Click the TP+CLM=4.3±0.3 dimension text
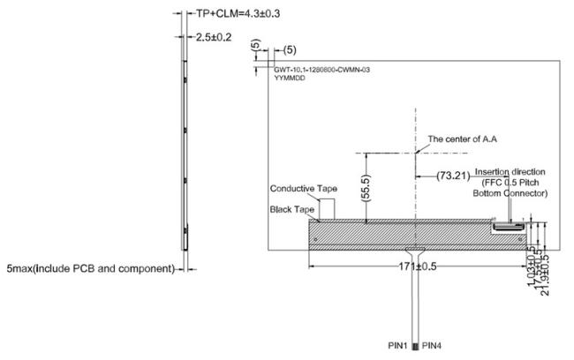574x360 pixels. point(232,13)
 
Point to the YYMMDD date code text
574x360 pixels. point(289,78)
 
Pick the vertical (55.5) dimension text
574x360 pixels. point(365,190)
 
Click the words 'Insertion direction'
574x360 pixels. point(510,171)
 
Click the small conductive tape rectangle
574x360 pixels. point(328,208)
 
